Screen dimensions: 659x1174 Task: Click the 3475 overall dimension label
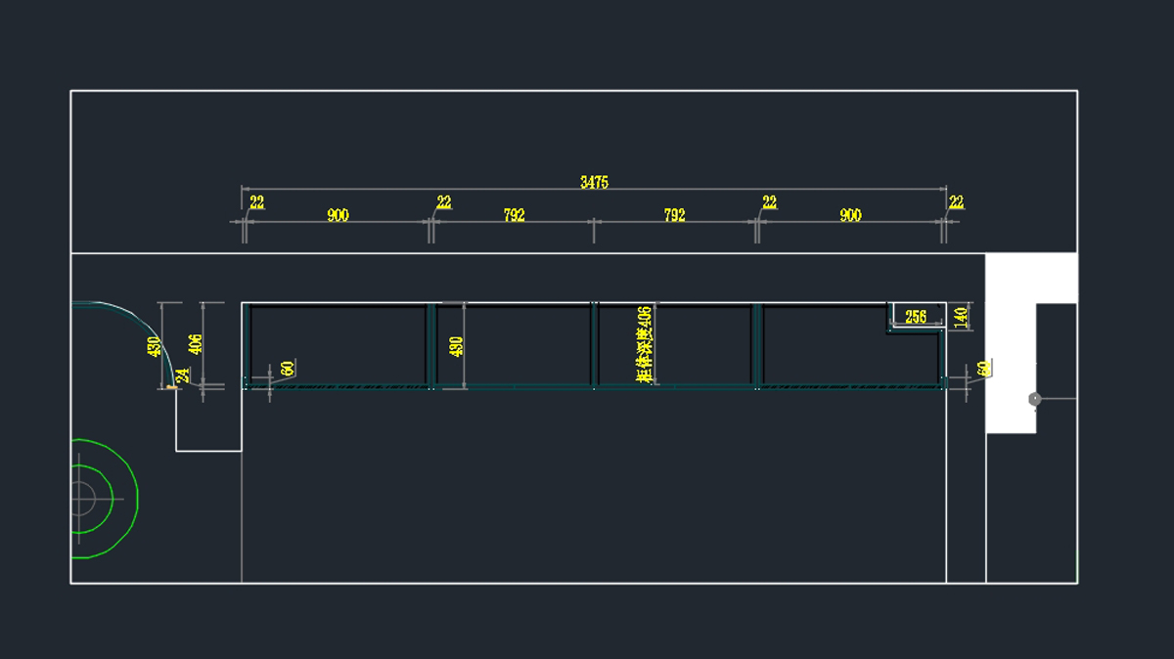click(594, 182)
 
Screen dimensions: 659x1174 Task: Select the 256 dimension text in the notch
click(916, 317)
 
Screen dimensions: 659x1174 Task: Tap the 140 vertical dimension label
click(961, 317)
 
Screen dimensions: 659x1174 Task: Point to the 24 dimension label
click(182, 375)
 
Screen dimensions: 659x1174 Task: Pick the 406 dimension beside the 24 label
click(196, 344)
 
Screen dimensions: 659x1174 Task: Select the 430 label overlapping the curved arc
click(154, 346)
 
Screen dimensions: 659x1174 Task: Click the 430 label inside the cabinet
click(456, 346)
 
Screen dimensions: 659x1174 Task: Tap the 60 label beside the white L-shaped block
click(983, 368)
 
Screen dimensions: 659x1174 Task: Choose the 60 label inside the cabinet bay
click(287, 369)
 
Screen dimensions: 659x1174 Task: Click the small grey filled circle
click(1035, 399)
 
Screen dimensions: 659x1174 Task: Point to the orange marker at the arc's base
click(172, 387)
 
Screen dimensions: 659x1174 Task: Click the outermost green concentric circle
click(138, 499)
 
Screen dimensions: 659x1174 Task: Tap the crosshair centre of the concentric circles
click(82, 499)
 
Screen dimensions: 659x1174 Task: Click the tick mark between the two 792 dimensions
click(594, 222)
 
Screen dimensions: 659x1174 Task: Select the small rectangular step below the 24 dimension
click(207, 420)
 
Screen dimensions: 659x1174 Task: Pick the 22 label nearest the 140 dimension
click(956, 202)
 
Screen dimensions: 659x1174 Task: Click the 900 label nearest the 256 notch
click(850, 215)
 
